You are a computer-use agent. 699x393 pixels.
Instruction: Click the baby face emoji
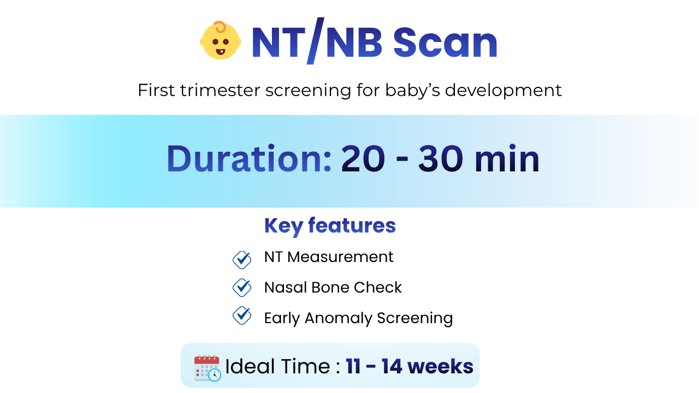[221, 40]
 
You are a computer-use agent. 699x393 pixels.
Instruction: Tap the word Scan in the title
[445, 43]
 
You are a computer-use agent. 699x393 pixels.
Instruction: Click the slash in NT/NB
[316, 41]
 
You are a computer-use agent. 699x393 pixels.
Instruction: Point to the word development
[503, 91]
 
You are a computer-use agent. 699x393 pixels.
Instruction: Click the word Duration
[248, 158]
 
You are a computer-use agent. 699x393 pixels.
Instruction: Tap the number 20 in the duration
[363, 158]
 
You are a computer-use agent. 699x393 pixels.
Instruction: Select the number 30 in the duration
[440, 158]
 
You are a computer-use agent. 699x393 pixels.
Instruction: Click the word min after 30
[507, 159]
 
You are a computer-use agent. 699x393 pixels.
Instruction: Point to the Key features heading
[330, 226]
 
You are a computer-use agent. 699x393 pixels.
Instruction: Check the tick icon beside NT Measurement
[242, 259]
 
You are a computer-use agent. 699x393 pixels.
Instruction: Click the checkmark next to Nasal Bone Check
[242, 287]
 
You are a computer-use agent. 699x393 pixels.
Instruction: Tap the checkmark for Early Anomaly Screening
[242, 315]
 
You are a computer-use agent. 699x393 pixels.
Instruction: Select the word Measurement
[340, 257]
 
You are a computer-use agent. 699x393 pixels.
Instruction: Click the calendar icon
[208, 368]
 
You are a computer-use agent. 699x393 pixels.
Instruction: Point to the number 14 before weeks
[392, 366]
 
